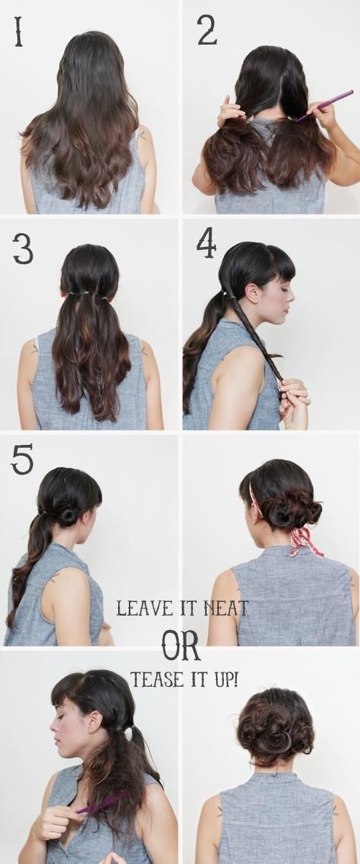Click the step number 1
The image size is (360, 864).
18,32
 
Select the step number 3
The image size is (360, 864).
22,249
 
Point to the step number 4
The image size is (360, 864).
207,245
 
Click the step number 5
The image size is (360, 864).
22,459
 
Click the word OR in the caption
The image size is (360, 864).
181,647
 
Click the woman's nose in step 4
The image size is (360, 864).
292,296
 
